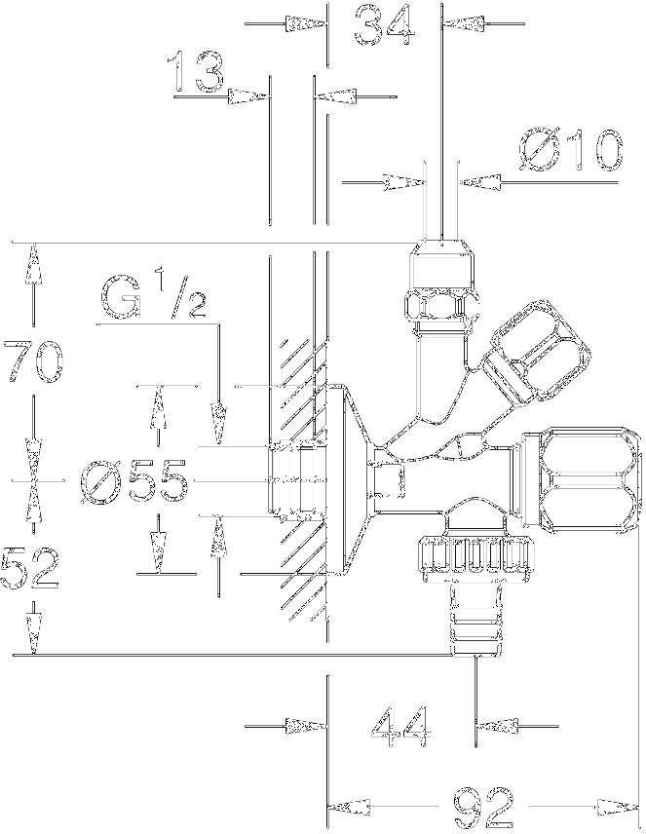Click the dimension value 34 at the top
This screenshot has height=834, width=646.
tap(384, 24)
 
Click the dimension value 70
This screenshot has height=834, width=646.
tap(33, 361)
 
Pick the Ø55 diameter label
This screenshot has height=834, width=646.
tap(133, 481)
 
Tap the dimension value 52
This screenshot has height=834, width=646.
tap(30, 568)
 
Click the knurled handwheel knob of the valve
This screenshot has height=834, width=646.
tap(475, 555)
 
